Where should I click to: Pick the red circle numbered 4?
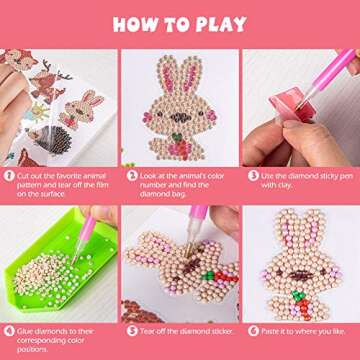(9, 329)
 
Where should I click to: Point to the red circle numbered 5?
(130, 329)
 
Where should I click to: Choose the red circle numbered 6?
(250, 329)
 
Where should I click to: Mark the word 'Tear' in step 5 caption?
(147, 329)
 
